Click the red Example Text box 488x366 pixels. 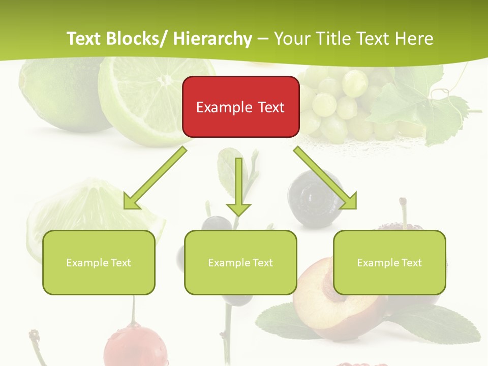pos(240,107)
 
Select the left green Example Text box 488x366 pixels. pos(99,262)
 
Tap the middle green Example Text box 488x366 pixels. pos(240,262)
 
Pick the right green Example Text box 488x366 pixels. pos(389,262)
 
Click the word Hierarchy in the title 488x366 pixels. pos(212,39)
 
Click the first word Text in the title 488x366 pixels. pos(84,39)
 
